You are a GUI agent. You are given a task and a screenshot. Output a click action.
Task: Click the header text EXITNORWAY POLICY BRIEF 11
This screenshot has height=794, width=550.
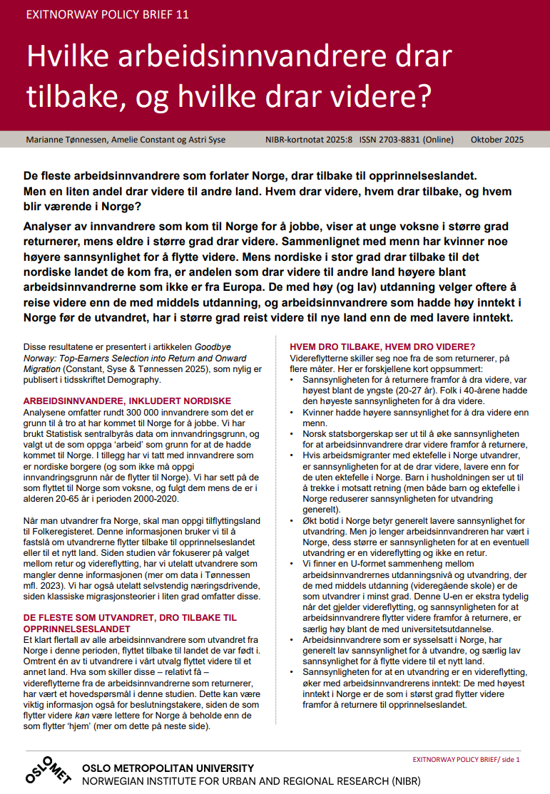(x=107, y=14)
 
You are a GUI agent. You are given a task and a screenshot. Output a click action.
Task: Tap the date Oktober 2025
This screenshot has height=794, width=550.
(x=497, y=140)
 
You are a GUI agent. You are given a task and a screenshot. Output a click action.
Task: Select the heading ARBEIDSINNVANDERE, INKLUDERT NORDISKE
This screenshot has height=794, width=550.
(x=127, y=401)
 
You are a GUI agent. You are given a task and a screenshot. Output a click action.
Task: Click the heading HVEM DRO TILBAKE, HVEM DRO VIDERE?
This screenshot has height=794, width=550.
(x=382, y=347)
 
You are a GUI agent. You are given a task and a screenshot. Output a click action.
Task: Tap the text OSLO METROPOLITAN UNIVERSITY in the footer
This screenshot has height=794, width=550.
(x=168, y=768)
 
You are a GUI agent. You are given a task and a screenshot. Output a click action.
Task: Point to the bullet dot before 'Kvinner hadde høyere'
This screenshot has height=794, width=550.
(x=294, y=412)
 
